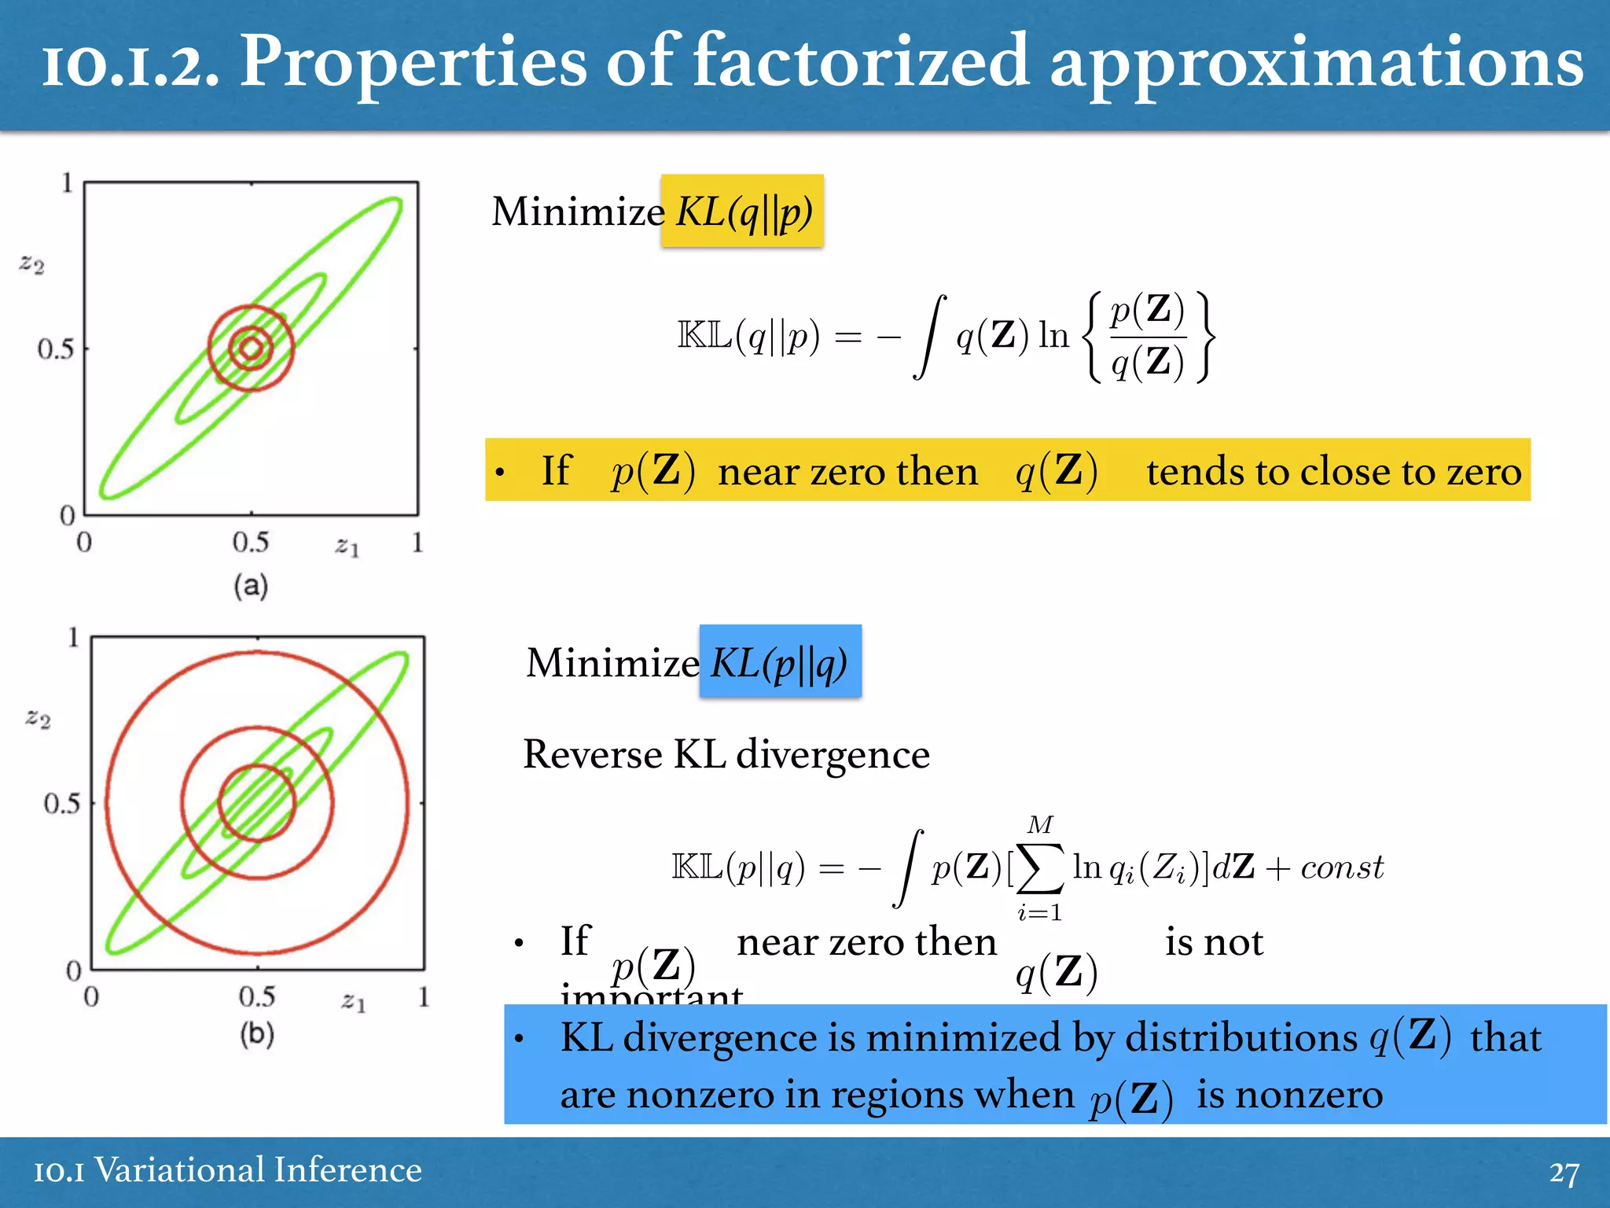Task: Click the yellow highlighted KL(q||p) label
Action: [743, 212]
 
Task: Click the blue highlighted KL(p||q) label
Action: [780, 662]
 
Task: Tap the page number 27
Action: [1564, 1173]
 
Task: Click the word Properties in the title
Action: [414, 63]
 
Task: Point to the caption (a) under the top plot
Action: [251, 586]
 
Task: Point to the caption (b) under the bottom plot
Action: [257, 1033]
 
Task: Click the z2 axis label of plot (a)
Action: [32, 263]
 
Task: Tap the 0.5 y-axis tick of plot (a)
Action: [56, 348]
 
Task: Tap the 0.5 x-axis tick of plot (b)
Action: [257, 997]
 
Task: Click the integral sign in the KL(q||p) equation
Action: [929, 337]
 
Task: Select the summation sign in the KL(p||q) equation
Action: [1039, 869]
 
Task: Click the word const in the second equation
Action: [1342, 867]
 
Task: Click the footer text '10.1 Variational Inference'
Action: [228, 1170]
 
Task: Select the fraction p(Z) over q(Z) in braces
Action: [1147, 337]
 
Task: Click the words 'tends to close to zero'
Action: [1333, 472]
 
